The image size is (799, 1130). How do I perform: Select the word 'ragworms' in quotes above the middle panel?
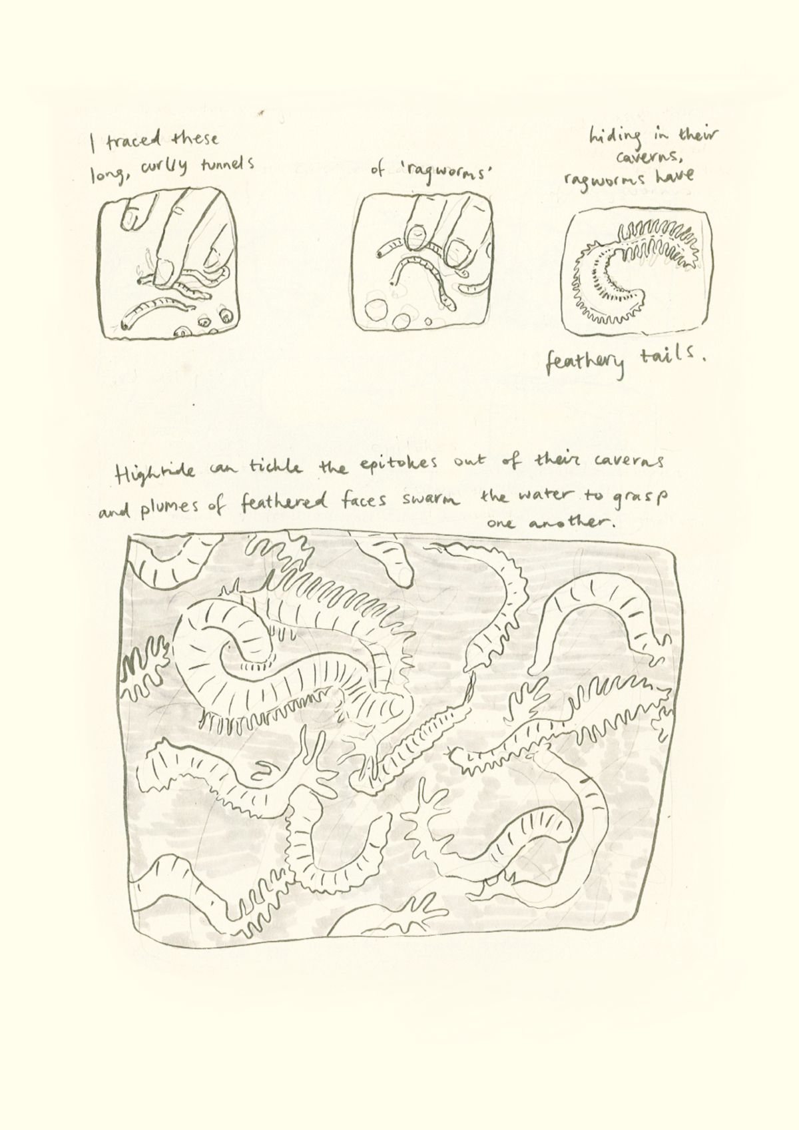(x=440, y=174)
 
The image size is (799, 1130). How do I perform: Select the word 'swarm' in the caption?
(x=439, y=501)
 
